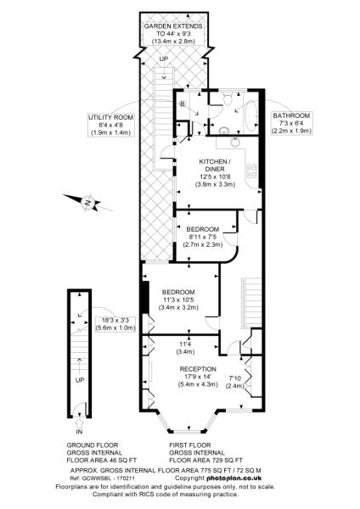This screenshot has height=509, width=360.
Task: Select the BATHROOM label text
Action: coord(290,115)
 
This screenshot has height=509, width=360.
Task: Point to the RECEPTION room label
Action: coord(198,369)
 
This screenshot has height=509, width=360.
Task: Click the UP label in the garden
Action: coord(163,59)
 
